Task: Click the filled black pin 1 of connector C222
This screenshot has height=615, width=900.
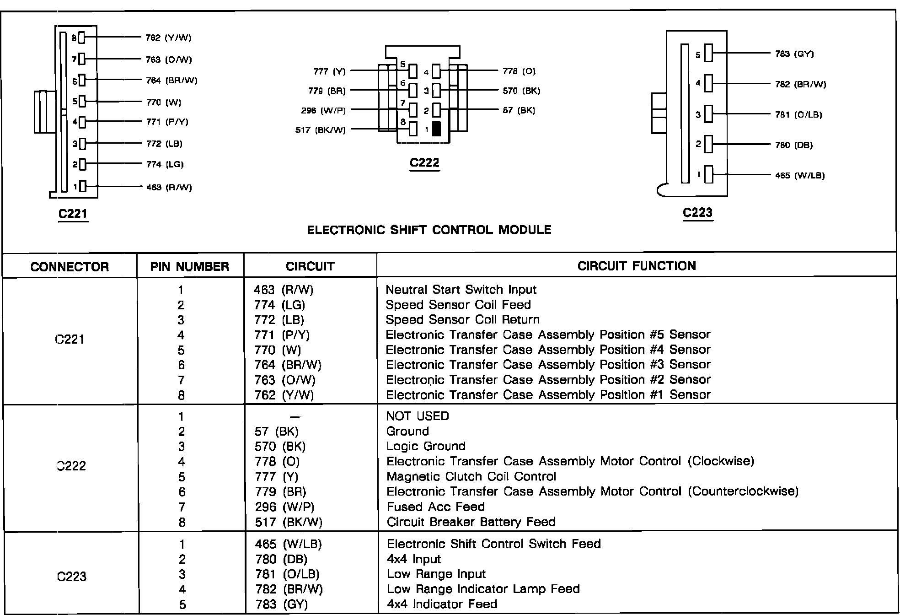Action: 436,129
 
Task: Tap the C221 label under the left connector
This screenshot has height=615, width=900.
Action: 73,214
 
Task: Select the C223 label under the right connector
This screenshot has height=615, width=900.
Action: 697,212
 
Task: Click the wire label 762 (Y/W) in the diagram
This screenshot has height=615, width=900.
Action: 168,38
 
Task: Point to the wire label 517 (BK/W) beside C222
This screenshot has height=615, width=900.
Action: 321,130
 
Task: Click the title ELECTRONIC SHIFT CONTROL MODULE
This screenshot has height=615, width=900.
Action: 429,230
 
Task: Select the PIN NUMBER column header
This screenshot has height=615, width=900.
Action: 190,267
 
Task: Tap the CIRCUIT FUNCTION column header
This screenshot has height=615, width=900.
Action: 637,266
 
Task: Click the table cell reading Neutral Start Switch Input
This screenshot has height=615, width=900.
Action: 461,290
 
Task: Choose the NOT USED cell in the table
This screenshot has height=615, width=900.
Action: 418,416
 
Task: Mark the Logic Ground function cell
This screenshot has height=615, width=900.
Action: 426,446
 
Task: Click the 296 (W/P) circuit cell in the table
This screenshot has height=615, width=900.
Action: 284,507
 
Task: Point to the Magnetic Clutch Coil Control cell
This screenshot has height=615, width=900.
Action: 471,477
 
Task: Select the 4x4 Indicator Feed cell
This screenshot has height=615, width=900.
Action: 442,604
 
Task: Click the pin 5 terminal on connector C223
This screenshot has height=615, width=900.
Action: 708,53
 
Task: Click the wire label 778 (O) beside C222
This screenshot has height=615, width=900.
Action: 519,71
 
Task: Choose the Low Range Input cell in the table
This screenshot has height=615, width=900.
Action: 436,574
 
